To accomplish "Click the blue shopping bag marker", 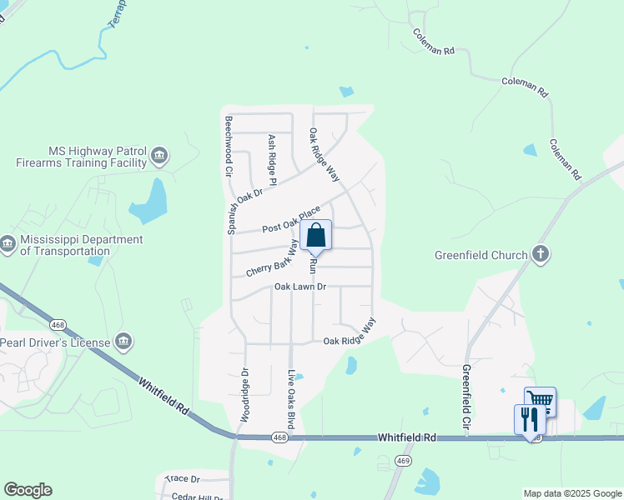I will pyautogui.click(x=317, y=236).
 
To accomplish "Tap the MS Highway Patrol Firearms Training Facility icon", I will pyautogui.click(x=159, y=155).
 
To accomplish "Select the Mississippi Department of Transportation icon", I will pyautogui.click(x=8, y=244).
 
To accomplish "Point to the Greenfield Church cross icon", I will pyautogui.click(x=541, y=254).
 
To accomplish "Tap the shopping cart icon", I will pyautogui.click(x=541, y=402).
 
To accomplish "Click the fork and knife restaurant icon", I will pyautogui.click(x=528, y=418).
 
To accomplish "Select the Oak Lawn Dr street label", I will pyautogui.click(x=299, y=287).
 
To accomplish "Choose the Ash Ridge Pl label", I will pyautogui.click(x=272, y=159).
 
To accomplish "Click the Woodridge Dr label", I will pyautogui.click(x=245, y=394).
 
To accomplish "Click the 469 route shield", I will pyautogui.click(x=404, y=461).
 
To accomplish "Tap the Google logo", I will pyautogui.click(x=28, y=490).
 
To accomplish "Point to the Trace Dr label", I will pyautogui.click(x=182, y=479).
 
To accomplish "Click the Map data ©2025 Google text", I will pyautogui.click(x=571, y=493).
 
